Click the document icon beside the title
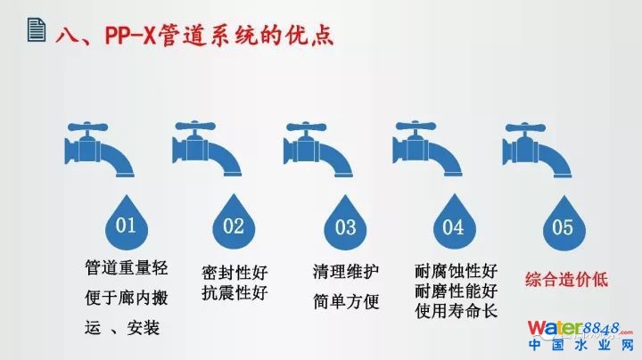click(37, 29)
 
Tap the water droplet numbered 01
click(126, 222)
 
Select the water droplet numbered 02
click(234, 222)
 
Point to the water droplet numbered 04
click(454, 222)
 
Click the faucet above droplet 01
click(99, 149)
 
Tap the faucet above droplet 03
click(317, 149)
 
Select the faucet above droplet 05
click(537, 150)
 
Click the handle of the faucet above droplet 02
click(195, 127)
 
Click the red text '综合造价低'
click(566, 280)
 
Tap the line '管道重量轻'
click(126, 268)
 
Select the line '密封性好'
click(235, 273)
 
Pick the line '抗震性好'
click(235, 293)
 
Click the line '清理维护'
click(346, 271)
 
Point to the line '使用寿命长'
click(457, 311)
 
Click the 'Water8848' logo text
click(580, 328)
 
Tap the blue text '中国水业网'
click(581, 345)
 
